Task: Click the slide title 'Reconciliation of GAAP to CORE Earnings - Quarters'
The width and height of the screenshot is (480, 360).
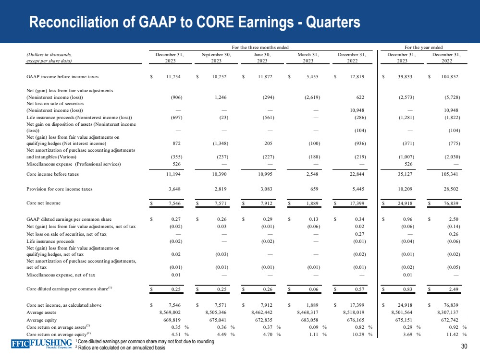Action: click(194, 22)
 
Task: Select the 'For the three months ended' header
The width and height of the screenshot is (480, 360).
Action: click(260, 47)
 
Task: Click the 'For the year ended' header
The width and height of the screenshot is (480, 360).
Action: click(424, 47)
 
